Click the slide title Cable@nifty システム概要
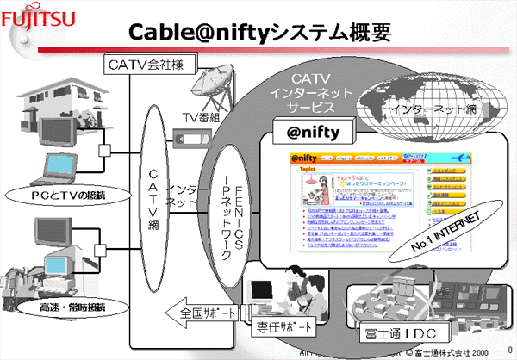click(x=259, y=32)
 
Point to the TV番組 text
click(x=201, y=115)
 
